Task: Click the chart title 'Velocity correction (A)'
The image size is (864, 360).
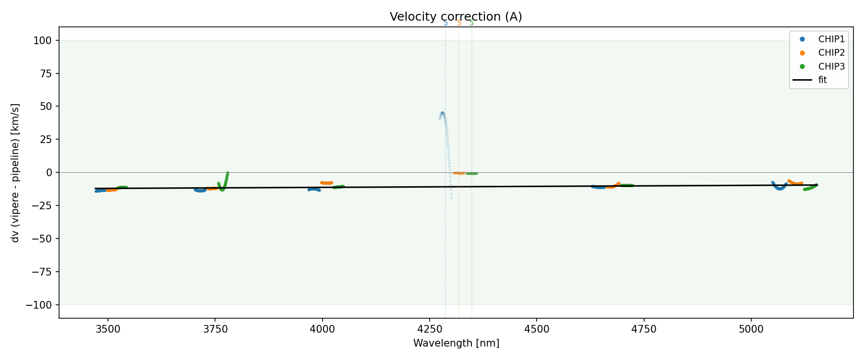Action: point(456,17)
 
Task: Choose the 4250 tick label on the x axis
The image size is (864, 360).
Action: point(429,329)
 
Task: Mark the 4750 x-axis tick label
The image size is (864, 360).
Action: point(644,329)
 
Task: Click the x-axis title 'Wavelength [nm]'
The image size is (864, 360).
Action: point(456,343)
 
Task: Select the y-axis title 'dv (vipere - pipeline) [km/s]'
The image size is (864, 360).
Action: point(15,173)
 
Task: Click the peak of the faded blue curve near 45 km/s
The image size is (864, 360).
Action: point(442,113)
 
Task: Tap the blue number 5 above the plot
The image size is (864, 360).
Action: point(445,23)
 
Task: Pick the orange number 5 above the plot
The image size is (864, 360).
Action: point(459,23)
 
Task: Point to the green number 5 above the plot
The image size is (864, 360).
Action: point(471,23)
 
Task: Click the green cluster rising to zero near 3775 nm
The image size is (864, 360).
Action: point(225,180)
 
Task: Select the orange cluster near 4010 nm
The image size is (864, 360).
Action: point(326,183)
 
